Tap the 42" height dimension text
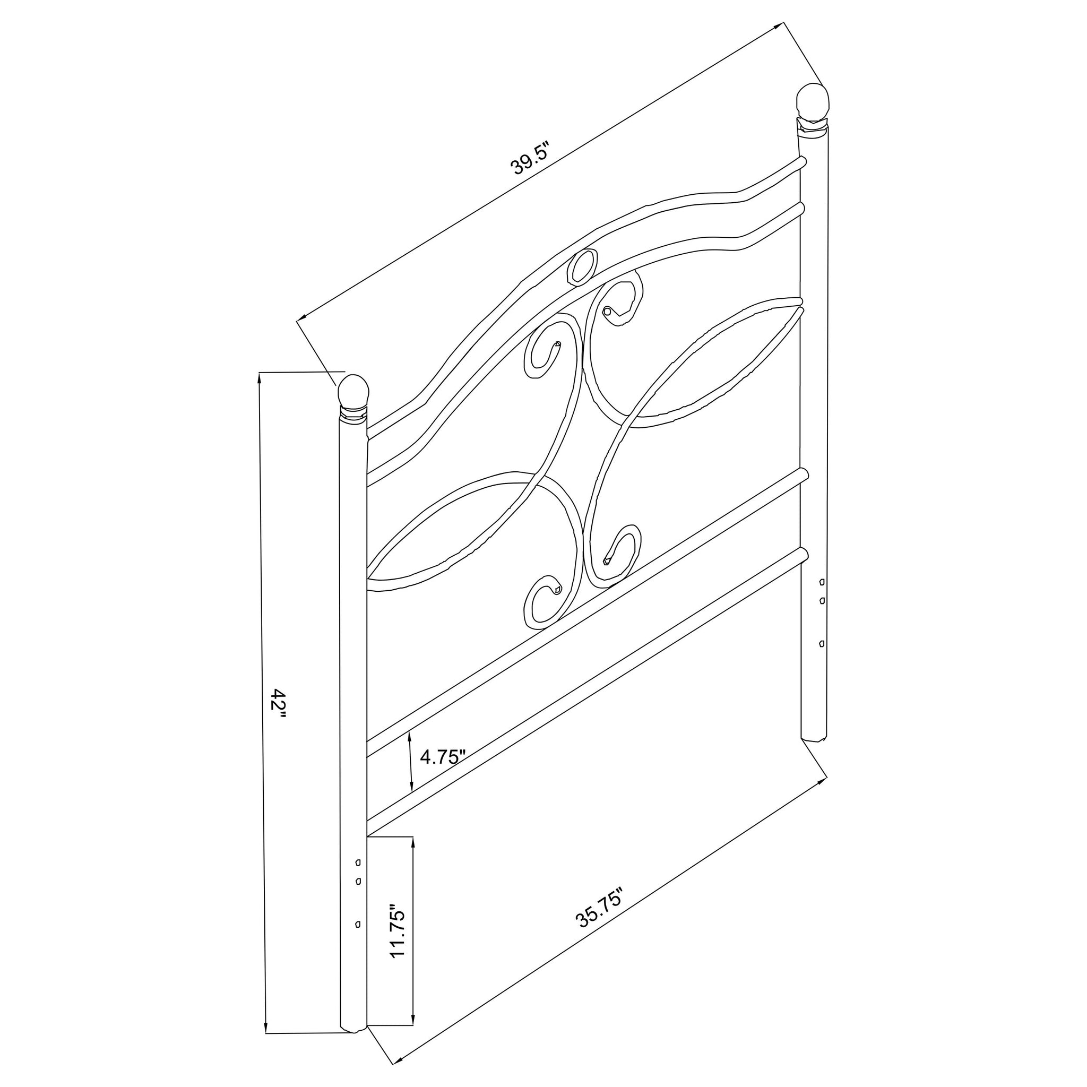(x=278, y=705)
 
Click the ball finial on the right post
(x=813, y=101)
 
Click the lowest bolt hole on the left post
(x=358, y=925)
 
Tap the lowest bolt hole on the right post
(x=822, y=643)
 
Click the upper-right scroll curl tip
(x=607, y=310)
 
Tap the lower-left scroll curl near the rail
(x=556, y=590)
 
